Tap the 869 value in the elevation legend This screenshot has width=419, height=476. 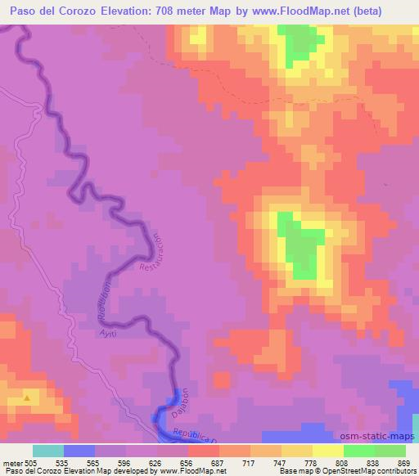coord(403,463)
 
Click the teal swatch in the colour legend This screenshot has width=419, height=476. coord(48,451)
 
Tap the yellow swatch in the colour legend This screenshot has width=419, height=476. coord(328,451)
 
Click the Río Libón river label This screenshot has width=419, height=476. coord(105,303)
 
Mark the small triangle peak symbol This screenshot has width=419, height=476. coord(29,398)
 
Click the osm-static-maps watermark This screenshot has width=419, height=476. coord(382,438)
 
